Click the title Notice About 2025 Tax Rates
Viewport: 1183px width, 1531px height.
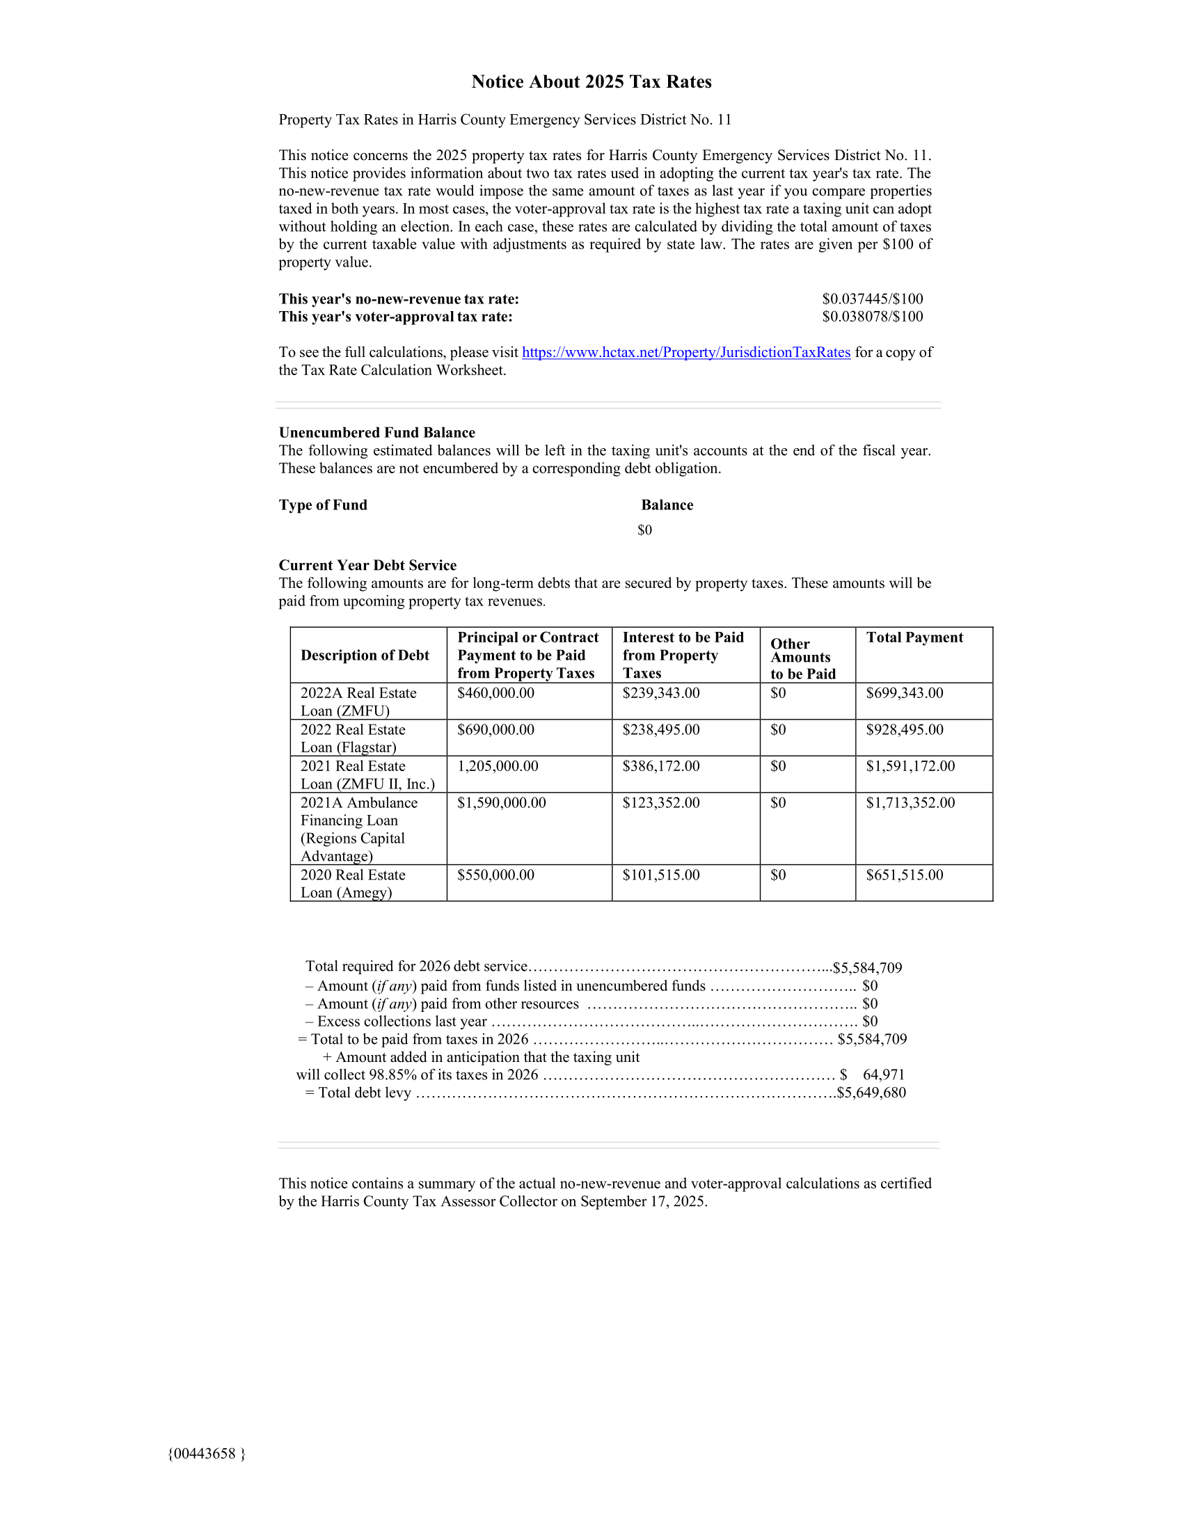591,82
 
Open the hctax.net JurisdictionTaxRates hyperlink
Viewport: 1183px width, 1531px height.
685,352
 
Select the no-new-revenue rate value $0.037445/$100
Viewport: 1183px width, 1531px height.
872,299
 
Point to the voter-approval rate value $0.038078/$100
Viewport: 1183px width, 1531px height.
872,317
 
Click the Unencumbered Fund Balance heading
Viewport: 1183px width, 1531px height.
376,433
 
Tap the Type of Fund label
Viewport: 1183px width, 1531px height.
322,505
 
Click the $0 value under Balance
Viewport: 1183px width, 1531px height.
644,530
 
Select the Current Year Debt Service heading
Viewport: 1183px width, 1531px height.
367,565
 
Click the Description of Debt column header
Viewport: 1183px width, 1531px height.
365,655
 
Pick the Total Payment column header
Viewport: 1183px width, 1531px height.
914,637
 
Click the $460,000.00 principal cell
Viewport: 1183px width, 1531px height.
495,693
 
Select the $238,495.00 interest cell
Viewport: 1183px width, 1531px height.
660,730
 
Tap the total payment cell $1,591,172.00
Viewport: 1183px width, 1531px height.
910,766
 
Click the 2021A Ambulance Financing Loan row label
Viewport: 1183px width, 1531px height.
359,829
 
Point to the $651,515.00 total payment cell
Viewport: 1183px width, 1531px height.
904,875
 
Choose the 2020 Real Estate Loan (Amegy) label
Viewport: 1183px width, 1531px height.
353,883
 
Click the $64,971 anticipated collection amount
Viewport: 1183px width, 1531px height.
883,1074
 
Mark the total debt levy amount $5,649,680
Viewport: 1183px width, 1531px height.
871,1093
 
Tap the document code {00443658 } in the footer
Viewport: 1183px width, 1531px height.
206,1454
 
